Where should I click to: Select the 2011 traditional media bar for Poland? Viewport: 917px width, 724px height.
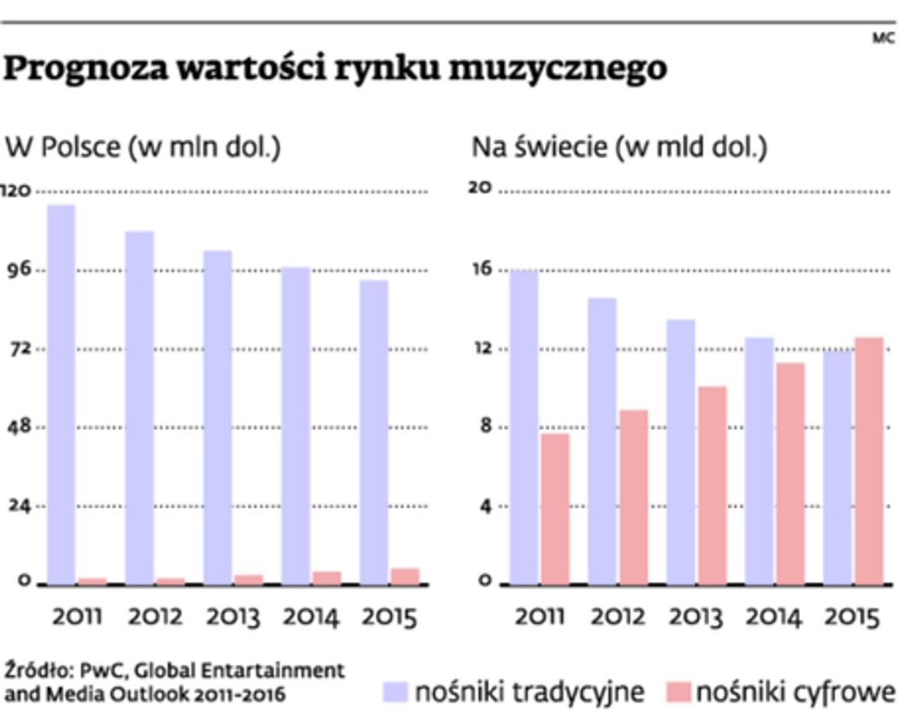61,394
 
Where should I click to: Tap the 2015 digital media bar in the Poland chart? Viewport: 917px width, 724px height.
405,576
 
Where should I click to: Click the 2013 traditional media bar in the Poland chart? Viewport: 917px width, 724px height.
218,417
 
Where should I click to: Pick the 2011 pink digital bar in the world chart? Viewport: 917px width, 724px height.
556,508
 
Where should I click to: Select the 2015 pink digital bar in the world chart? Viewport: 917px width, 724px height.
869,460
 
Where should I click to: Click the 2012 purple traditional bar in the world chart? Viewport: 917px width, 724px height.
602,440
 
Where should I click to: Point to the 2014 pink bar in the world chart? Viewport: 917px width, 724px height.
790,473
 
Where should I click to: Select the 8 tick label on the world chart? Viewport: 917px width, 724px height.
483,427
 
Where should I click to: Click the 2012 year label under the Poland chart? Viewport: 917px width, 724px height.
155,616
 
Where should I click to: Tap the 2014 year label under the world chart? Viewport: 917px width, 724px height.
773,616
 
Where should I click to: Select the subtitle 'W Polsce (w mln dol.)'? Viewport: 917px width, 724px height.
144,147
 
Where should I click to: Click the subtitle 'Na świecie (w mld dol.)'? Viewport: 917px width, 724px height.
619,147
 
